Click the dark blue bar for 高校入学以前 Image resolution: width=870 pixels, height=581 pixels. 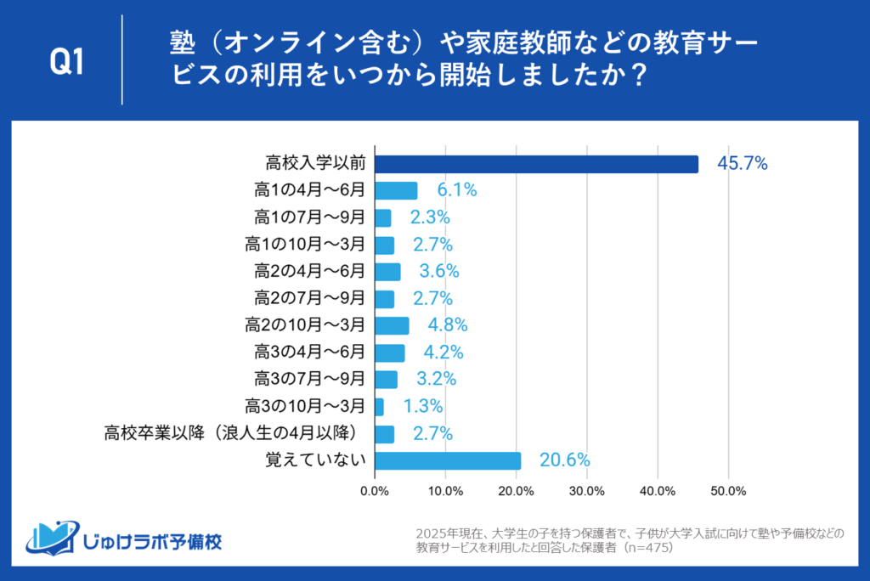click(536, 164)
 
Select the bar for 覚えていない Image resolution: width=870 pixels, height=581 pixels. click(448, 460)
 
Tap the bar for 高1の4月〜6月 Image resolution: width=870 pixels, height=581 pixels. click(396, 190)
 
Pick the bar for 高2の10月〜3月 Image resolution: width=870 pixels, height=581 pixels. click(392, 325)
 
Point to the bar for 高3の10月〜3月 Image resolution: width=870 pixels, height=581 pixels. click(379, 407)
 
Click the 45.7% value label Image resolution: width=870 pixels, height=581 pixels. click(743, 164)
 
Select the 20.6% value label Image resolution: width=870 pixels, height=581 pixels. click(564, 460)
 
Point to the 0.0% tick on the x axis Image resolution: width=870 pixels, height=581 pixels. click(375, 491)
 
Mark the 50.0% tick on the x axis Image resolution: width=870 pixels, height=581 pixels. click(728, 491)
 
